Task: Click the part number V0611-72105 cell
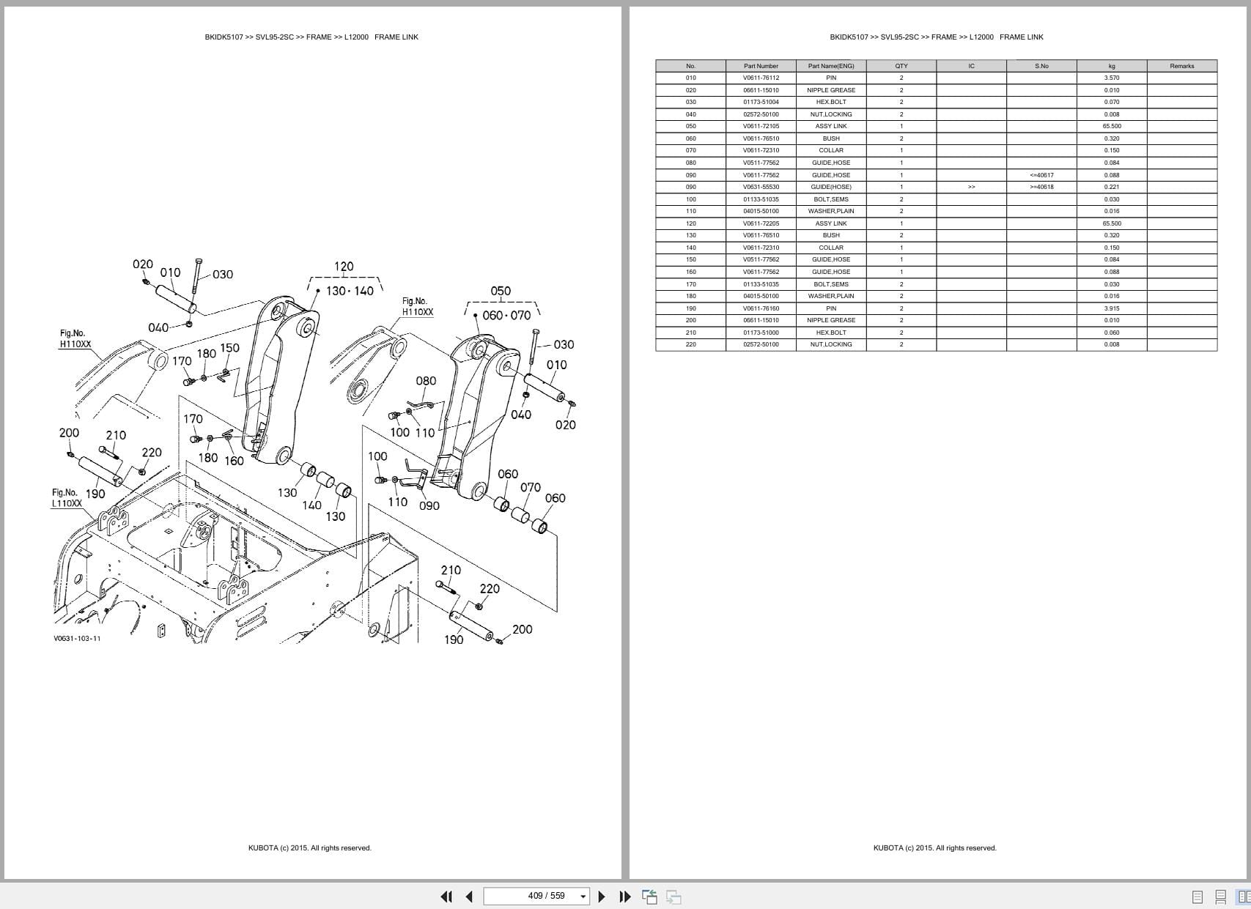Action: tap(761, 126)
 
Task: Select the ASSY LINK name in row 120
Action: tap(830, 223)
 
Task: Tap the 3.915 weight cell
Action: tap(1111, 308)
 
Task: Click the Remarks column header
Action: tap(1181, 66)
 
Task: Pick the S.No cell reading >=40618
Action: tap(1041, 187)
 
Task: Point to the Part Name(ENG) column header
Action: tap(830, 66)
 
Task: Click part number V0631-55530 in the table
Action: tap(761, 187)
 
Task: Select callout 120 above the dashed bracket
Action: tap(344, 267)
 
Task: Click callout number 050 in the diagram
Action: tap(501, 291)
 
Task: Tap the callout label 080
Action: tap(426, 381)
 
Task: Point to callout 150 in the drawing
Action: tap(229, 348)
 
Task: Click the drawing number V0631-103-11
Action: tap(77, 638)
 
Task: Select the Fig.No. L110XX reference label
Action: tap(66, 498)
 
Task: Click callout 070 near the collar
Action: tap(530, 487)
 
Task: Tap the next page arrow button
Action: tap(602, 896)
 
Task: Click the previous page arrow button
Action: tap(469, 896)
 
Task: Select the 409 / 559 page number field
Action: tap(536, 896)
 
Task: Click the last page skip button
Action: tap(624, 896)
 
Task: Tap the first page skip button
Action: tap(446, 896)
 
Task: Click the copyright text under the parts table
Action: tap(934, 847)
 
